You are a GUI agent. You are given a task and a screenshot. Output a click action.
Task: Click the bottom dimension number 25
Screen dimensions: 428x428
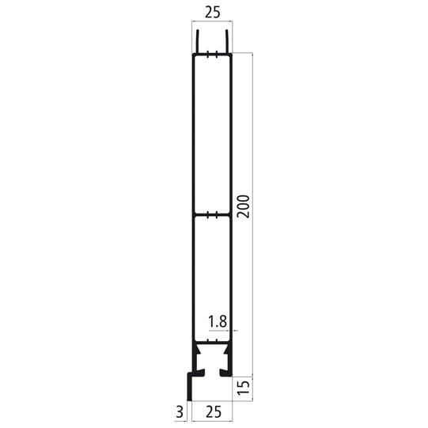(212, 411)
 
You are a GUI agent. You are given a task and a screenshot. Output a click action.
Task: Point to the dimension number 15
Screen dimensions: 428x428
(243, 387)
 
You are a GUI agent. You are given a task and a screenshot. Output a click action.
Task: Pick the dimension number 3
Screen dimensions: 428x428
(180, 411)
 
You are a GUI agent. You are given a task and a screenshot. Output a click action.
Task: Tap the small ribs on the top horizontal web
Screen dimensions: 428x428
(212, 55)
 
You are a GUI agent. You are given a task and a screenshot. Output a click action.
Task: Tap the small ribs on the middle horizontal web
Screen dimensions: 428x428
(212, 214)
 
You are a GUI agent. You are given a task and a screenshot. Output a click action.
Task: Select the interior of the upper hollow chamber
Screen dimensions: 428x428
(212, 134)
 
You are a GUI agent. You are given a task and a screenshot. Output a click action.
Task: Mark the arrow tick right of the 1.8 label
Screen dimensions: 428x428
(235, 331)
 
